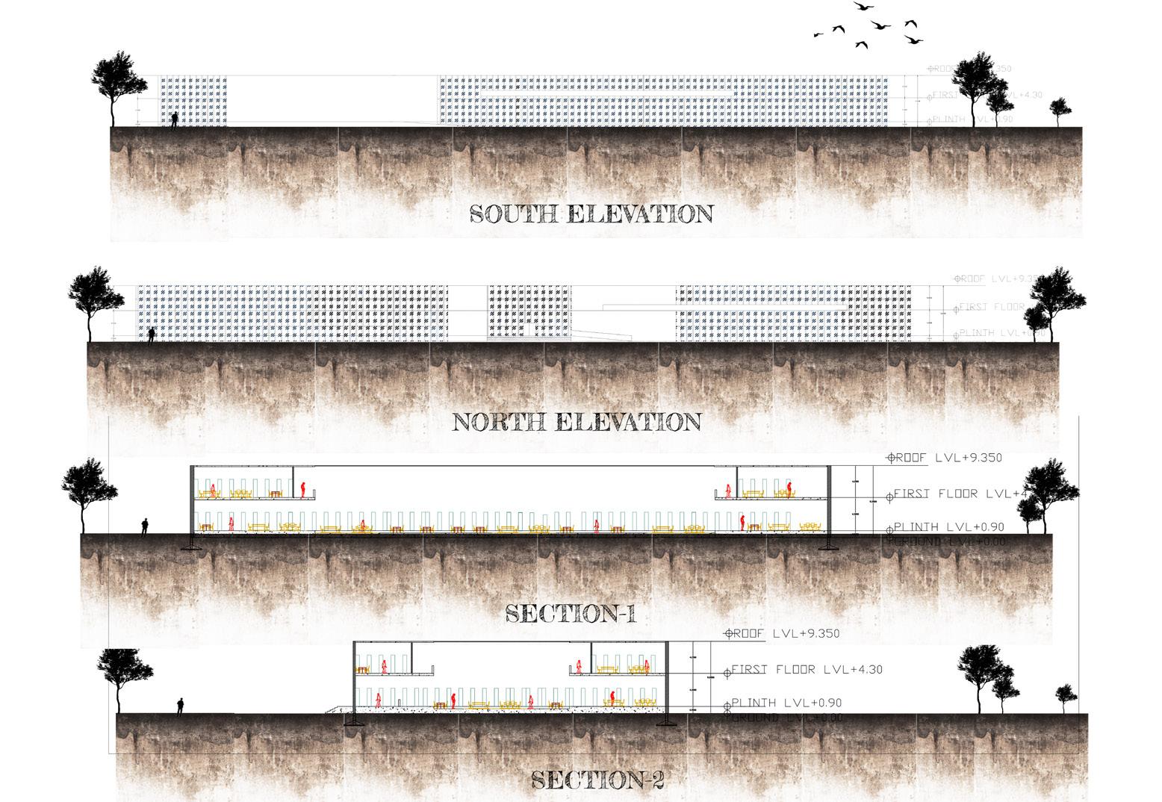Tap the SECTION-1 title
[571, 614]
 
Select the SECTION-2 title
[597, 780]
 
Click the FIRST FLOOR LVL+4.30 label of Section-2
[807, 669]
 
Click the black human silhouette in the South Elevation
[175, 119]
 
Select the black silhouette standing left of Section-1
[145, 527]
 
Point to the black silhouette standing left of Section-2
[180, 706]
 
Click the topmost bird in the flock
[864, 6]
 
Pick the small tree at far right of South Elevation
[1060, 111]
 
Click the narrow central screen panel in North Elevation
[527, 311]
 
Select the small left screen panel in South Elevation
[193, 101]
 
